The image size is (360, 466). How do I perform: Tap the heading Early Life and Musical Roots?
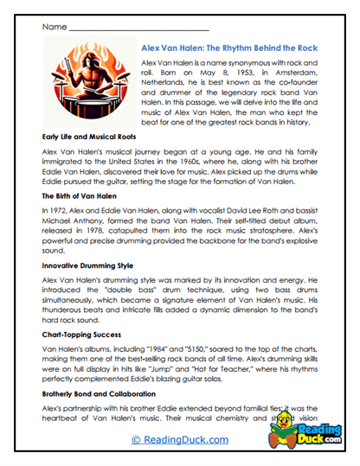[x=88, y=136]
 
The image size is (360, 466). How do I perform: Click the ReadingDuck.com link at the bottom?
[x=181, y=440]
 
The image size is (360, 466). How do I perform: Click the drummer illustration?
[x=89, y=83]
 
